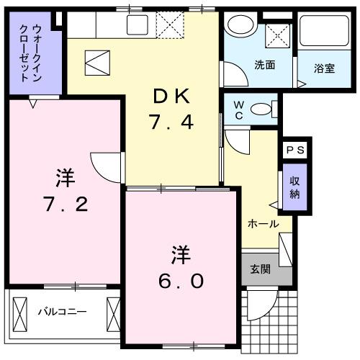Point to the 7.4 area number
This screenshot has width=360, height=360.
172,123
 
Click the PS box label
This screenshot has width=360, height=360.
294,150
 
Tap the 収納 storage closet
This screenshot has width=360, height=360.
294,186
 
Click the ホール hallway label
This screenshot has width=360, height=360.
264,224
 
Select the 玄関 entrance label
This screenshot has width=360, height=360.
260,270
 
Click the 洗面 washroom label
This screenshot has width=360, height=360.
264,66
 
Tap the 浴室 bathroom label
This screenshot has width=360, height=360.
323,69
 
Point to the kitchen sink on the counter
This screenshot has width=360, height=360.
136,24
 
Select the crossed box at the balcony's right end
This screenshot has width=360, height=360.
113,313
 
